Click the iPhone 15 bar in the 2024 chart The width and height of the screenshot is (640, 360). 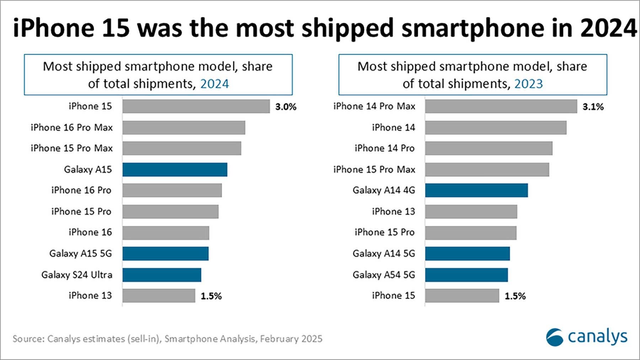coord(196,106)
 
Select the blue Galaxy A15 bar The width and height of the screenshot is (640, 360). coord(175,170)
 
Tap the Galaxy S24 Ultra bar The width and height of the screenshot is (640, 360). coord(162,275)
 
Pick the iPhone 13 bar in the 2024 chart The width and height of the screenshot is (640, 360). coord(159,296)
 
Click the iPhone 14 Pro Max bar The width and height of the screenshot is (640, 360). coord(501,106)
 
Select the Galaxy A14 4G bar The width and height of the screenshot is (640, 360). coord(476,190)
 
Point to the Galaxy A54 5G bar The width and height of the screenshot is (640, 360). coord(466,275)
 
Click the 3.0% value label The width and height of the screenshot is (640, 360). coord(286,107)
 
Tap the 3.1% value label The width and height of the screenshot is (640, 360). coord(593,107)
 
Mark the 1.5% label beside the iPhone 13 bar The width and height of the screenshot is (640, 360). coord(211,296)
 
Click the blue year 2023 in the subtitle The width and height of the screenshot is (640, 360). coord(528,84)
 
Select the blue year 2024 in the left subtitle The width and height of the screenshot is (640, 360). coord(214,84)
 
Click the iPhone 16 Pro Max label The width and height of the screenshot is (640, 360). coord(71,127)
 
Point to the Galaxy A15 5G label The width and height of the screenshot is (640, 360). coord(80,254)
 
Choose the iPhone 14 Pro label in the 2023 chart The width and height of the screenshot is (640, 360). coord(384,148)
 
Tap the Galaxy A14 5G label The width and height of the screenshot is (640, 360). coord(384,254)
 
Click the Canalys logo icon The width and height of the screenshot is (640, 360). coord(554,337)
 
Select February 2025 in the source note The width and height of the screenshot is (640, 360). coord(291,339)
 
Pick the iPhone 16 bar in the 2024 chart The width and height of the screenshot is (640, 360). coord(166,233)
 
